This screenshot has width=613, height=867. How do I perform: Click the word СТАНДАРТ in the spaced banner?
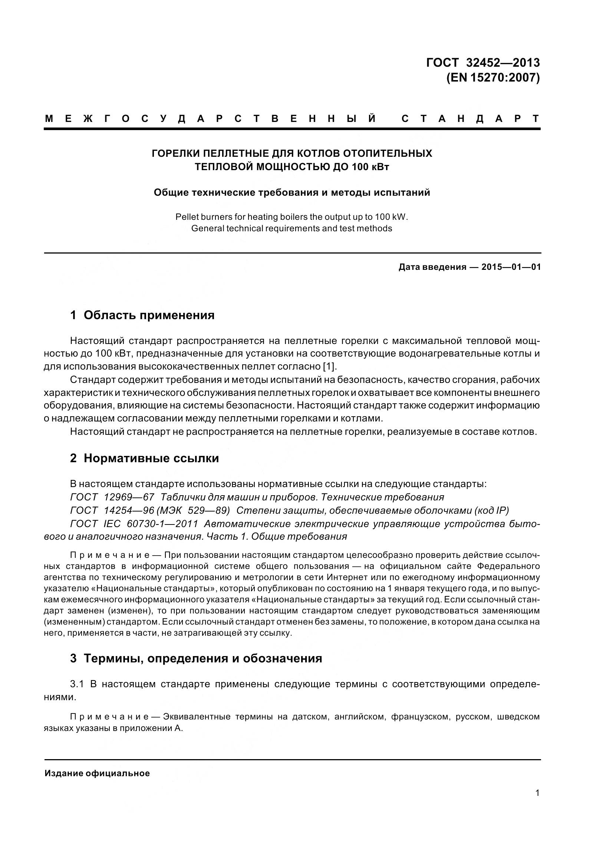click(470, 119)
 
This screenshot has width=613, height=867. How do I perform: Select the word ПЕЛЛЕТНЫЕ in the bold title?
click(236, 153)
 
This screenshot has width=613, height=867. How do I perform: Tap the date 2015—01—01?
click(511, 267)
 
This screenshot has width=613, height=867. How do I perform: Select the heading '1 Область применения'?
click(142, 315)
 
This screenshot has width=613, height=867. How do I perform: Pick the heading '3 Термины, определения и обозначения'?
click(196, 658)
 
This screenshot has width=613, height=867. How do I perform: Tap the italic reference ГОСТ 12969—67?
click(112, 497)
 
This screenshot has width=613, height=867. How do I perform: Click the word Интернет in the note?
click(344, 578)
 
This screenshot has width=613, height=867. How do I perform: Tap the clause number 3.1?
click(79, 684)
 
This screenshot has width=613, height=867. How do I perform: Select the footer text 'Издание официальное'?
click(97, 773)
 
